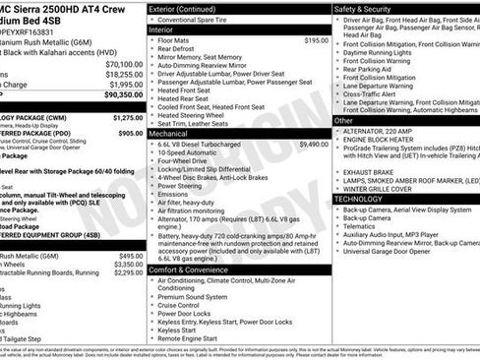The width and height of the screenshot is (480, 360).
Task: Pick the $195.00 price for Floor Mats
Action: pyautogui.click(x=316, y=40)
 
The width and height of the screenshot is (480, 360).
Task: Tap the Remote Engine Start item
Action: pyautogui.click(x=195, y=337)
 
